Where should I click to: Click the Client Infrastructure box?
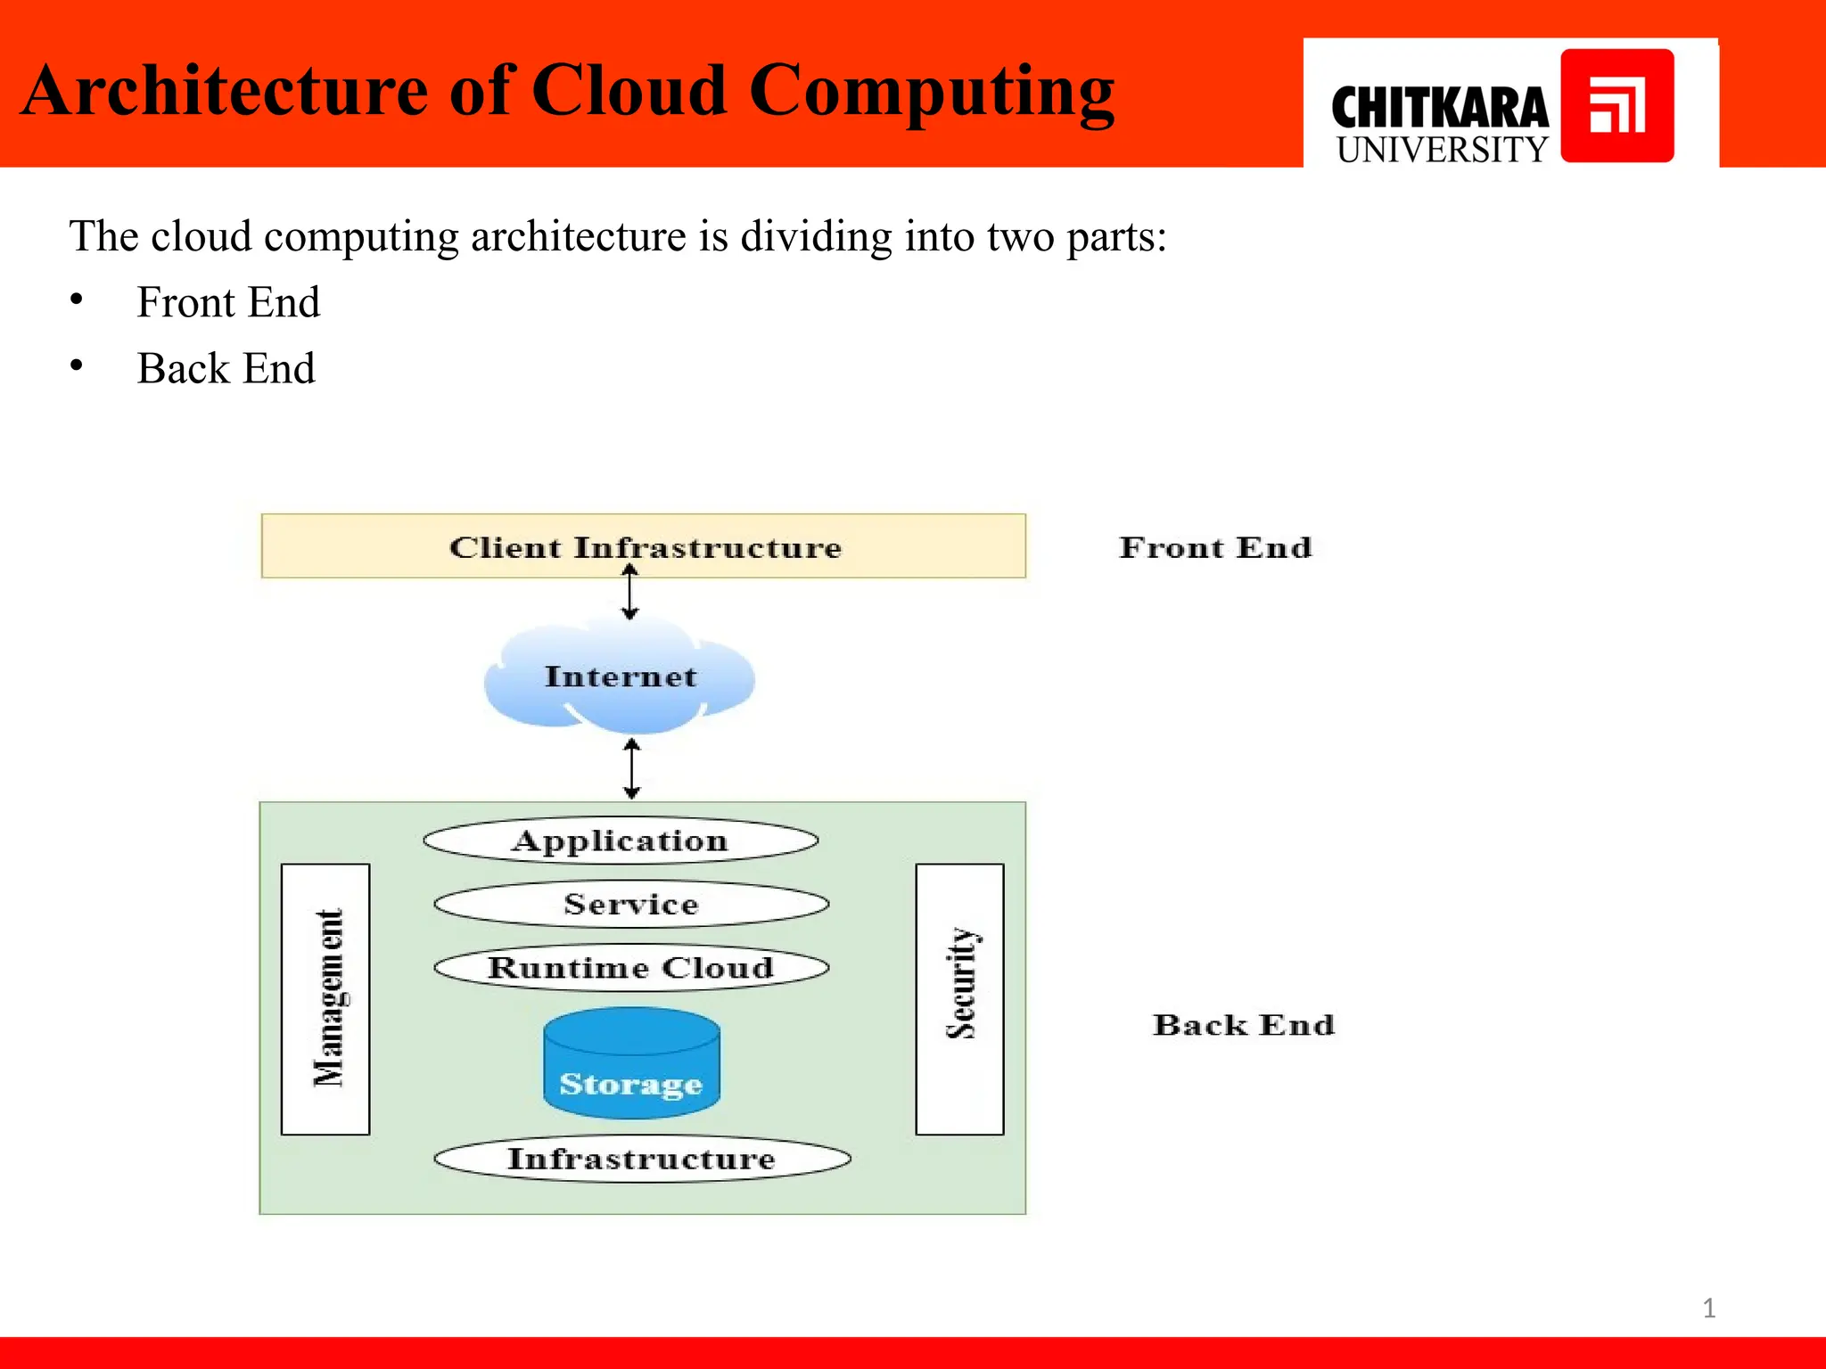(x=644, y=545)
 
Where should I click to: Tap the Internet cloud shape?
(x=621, y=676)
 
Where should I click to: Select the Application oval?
(x=621, y=840)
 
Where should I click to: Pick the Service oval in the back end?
(x=631, y=905)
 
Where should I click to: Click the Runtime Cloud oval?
(x=631, y=968)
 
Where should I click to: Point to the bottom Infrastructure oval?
(x=642, y=1159)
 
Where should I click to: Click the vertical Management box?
(x=325, y=998)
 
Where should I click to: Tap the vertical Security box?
(x=960, y=998)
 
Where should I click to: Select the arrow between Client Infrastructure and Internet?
(x=630, y=594)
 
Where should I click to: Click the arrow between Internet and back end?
(x=632, y=768)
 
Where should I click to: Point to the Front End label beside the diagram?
(x=1215, y=547)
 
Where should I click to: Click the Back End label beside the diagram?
(x=1244, y=1025)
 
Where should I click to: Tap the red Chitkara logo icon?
(x=1617, y=106)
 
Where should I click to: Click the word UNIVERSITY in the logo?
(x=1442, y=150)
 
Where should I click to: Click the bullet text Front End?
(x=228, y=302)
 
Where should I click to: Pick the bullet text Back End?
(x=226, y=368)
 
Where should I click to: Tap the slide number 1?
(x=1708, y=1308)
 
